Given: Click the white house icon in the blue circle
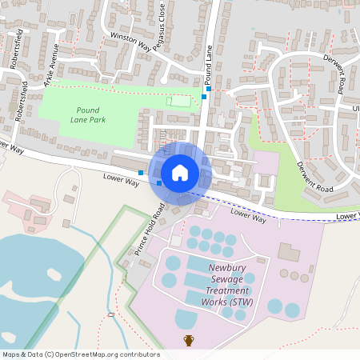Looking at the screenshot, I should click(x=180, y=173).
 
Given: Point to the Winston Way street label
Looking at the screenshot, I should click(x=130, y=42).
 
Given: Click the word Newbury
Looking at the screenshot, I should click(x=227, y=269).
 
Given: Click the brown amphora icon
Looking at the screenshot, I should click(x=189, y=340).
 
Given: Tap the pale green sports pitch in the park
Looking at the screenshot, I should click(x=179, y=101).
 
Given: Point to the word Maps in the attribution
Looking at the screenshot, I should click(x=11, y=354).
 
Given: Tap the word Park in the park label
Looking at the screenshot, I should click(x=98, y=119).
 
